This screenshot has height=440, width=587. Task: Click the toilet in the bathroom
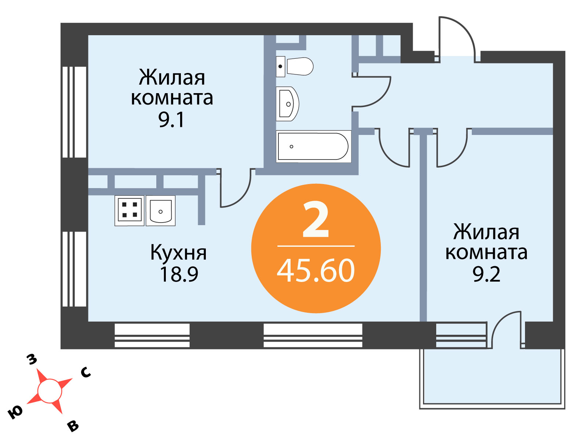[x=294, y=66]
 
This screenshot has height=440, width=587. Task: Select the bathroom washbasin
[x=287, y=104]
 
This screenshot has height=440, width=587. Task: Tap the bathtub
[x=313, y=146]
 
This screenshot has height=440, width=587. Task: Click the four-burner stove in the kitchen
[x=130, y=211]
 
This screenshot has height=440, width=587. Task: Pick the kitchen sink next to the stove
[x=160, y=211]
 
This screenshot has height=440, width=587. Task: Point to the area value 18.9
[x=179, y=275]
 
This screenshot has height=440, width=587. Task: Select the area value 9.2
[x=486, y=275]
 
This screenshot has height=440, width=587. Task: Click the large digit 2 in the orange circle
[x=316, y=220]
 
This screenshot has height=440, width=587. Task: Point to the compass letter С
[x=86, y=372]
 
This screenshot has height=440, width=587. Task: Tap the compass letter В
[x=73, y=426]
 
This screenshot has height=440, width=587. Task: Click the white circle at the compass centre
[x=50, y=391]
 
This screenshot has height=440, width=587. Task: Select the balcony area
[x=492, y=378]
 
